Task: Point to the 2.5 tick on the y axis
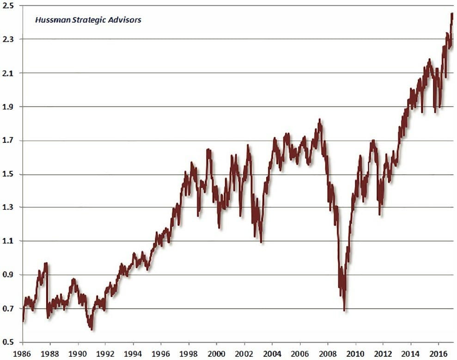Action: (8, 6)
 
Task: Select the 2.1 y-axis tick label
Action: (8, 73)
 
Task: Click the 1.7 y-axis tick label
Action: (8, 140)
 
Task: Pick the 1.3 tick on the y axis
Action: (8, 207)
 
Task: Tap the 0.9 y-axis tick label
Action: (8, 275)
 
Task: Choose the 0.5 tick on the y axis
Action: (8, 342)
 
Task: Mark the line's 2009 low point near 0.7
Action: (344, 310)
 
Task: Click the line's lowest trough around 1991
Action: (92, 329)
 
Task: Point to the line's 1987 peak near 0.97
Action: (46, 263)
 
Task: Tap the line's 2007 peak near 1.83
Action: (319, 120)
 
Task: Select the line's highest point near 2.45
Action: (451, 14)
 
